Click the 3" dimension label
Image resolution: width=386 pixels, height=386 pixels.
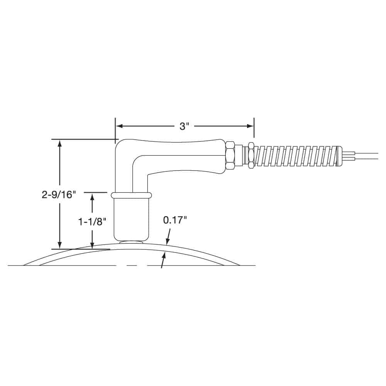click(x=184, y=126)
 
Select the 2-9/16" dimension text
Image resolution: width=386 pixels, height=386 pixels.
click(x=58, y=195)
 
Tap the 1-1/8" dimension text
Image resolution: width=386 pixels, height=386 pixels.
click(x=92, y=222)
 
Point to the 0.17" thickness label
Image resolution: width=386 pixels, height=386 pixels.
click(x=175, y=220)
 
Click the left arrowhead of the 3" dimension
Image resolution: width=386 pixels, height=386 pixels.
click(x=119, y=126)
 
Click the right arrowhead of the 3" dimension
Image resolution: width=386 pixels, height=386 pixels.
click(x=250, y=126)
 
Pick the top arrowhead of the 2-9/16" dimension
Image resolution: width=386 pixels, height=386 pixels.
click(x=59, y=143)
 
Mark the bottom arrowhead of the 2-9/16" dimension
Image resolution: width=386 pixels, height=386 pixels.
click(x=59, y=245)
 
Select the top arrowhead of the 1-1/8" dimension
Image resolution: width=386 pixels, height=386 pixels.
click(x=92, y=197)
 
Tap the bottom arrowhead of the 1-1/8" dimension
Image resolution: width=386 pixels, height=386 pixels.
click(x=92, y=245)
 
